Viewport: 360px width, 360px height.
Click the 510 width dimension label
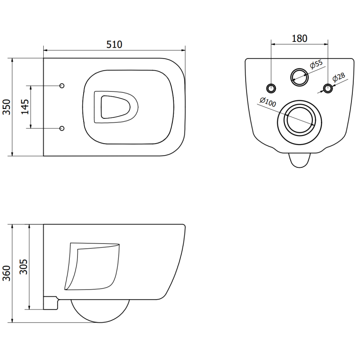(114, 44)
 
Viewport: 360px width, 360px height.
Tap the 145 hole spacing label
(25, 107)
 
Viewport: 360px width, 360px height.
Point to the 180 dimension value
(299, 38)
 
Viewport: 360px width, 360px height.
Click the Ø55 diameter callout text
(317, 64)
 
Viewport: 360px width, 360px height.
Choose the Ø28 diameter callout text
(338, 76)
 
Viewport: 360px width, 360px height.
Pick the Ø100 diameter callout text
(268, 103)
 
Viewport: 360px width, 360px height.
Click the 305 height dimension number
(25, 268)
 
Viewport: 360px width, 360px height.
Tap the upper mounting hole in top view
(62, 85)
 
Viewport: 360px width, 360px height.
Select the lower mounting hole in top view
(62, 128)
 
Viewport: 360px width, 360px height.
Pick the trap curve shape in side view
(93, 265)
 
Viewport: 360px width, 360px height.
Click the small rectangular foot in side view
(50, 302)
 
